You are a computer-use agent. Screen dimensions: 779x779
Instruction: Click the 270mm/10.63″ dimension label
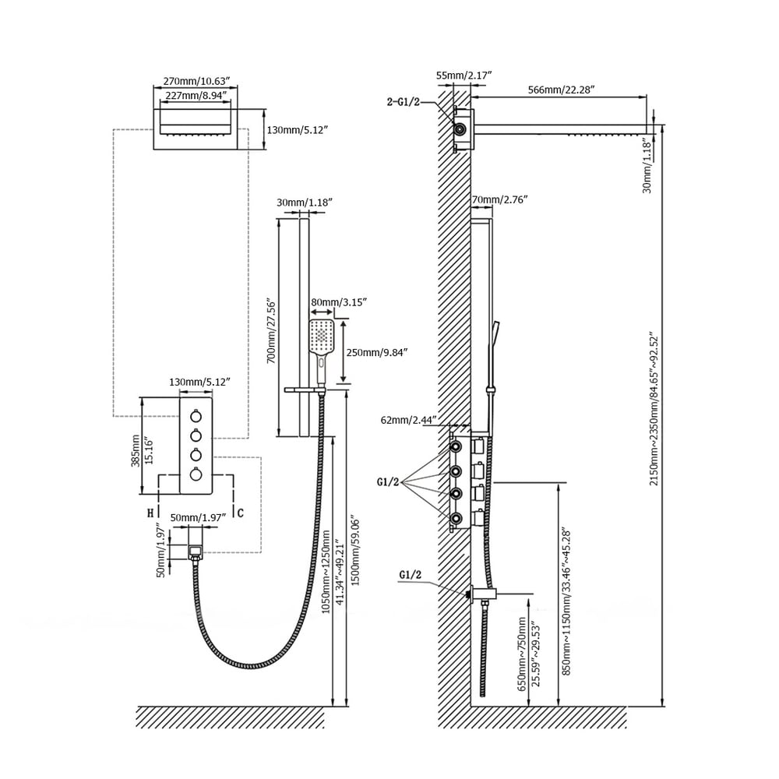[x=196, y=81]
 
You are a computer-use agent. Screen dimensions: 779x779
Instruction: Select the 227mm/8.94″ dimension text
[x=196, y=96]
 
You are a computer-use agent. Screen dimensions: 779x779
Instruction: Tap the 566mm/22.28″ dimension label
[x=561, y=90]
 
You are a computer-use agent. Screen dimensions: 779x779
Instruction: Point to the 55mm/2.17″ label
[x=464, y=75]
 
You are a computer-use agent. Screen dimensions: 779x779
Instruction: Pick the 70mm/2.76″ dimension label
[x=499, y=200]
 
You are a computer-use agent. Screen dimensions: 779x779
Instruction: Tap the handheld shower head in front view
[x=321, y=338]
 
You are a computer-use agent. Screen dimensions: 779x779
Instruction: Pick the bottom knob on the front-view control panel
[x=196, y=474]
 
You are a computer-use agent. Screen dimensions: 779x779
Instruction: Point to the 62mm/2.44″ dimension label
[x=407, y=420]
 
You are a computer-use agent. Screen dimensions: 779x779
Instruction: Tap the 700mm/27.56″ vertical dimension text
[x=271, y=330]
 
